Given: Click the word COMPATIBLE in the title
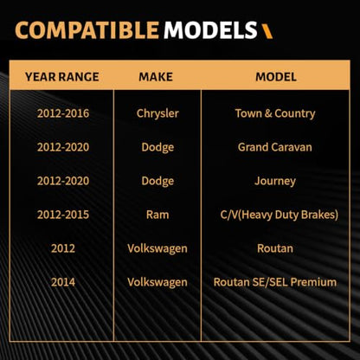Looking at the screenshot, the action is [x=87, y=30].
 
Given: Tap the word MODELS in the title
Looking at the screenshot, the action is [x=210, y=30].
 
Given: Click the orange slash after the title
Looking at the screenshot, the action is [x=267, y=31].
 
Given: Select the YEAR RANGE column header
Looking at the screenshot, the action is [x=62, y=77].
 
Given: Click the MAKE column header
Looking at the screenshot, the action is [x=156, y=77].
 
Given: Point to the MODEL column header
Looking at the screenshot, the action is [x=276, y=77].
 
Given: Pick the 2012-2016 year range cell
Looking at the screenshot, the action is [x=63, y=113].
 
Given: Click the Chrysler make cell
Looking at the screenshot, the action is [x=157, y=113].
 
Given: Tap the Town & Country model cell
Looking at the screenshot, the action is [x=275, y=113].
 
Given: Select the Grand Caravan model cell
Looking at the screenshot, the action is [x=275, y=147].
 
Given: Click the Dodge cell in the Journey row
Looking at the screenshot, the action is [x=157, y=181].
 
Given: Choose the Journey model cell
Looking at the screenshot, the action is [x=275, y=181].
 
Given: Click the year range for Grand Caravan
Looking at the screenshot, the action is [x=63, y=147].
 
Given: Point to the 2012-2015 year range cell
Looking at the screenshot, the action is [x=63, y=215].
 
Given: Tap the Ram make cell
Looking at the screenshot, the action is [x=157, y=215].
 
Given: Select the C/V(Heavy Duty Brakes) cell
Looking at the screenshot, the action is [x=280, y=215].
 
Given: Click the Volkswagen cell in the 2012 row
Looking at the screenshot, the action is [x=157, y=248].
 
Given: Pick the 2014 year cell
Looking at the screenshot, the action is [x=63, y=282].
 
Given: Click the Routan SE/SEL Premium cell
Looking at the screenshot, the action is [x=275, y=282].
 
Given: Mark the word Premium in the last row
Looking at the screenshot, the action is [x=313, y=282].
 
